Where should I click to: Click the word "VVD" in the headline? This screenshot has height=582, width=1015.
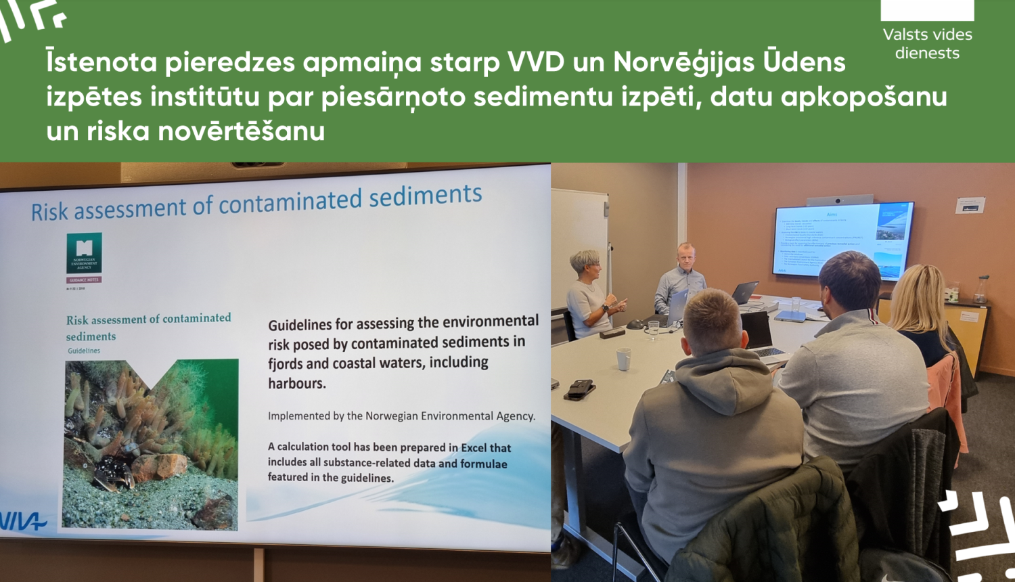pyautogui.click(x=536, y=62)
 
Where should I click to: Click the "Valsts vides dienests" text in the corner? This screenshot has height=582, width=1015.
pyautogui.click(x=927, y=43)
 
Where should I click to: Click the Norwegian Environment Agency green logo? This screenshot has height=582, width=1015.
pyautogui.click(x=84, y=253)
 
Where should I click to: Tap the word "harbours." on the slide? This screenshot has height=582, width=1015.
pyautogui.click(x=297, y=384)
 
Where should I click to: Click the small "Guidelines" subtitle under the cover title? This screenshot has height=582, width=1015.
pyautogui.click(x=84, y=351)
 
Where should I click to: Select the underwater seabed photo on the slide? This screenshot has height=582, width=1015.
pyautogui.click(x=151, y=443)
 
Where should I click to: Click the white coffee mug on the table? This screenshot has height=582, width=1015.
pyautogui.click(x=623, y=359)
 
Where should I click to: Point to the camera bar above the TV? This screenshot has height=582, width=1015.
pyautogui.click(x=839, y=200)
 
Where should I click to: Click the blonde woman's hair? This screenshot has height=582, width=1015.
pyautogui.click(x=920, y=298)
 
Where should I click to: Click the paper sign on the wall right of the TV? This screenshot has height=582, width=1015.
pyautogui.click(x=970, y=205)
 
